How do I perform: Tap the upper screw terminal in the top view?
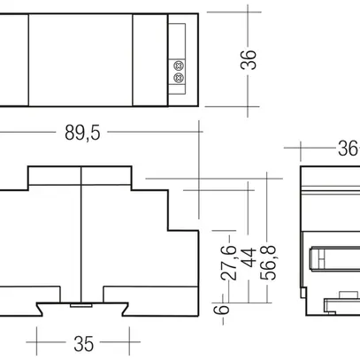(181, 65)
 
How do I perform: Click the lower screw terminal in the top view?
(181, 77)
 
